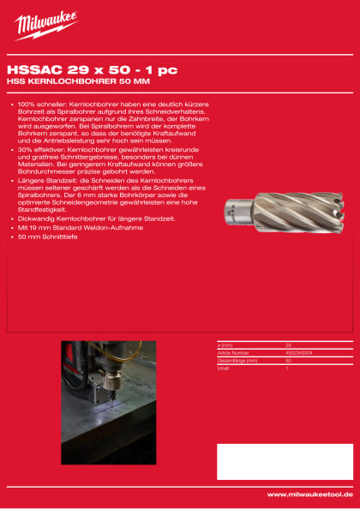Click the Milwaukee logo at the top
coord(46,26)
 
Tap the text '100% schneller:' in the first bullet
coord(41,104)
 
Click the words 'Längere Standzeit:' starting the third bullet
coord(44,182)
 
